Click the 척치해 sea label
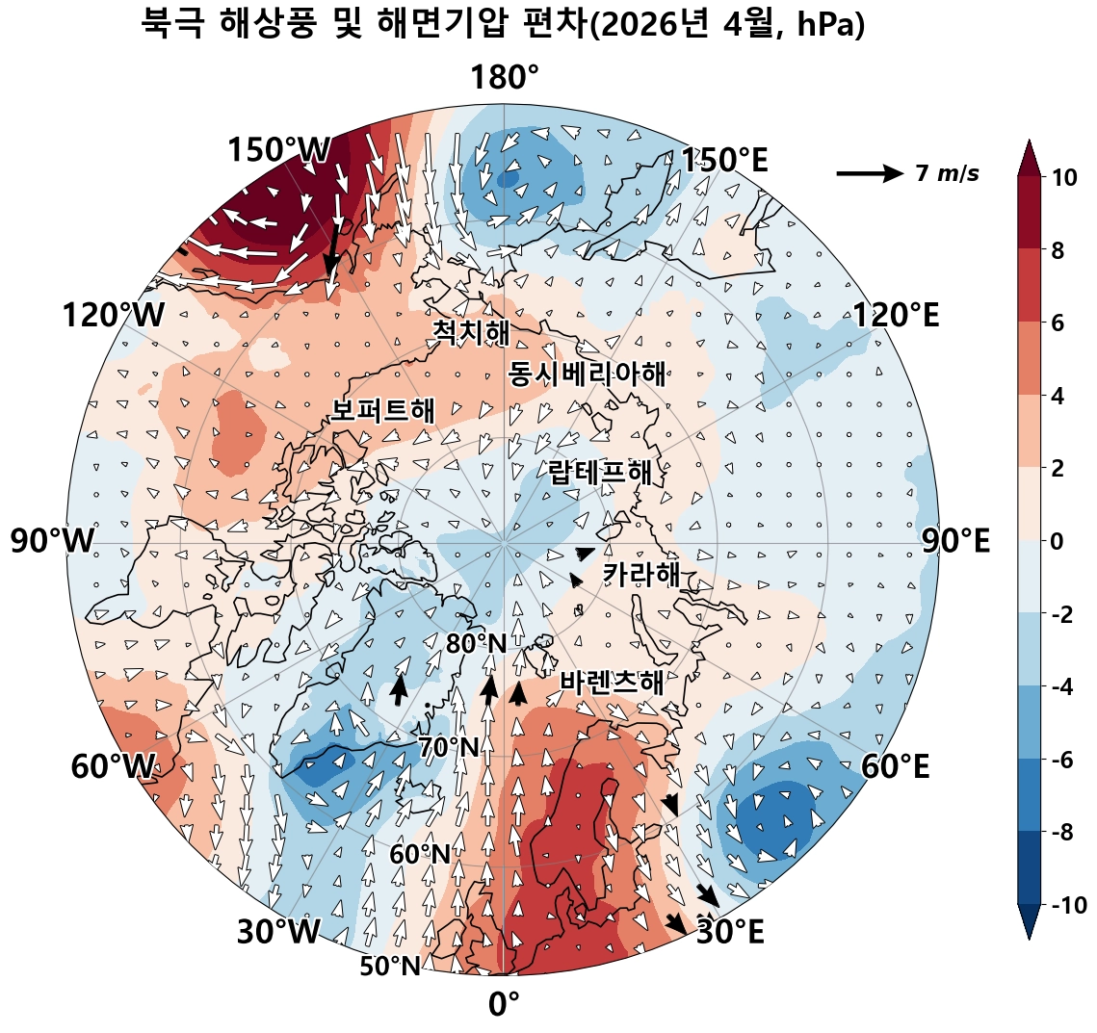471,332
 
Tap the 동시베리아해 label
587,374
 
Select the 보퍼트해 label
382,410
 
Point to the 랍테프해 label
600,472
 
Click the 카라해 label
641,574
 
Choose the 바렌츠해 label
612,682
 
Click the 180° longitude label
505,78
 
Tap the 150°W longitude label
278,149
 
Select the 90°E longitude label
955,541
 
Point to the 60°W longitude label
113,766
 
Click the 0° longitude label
504,1004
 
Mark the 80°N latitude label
476,644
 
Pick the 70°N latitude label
449,748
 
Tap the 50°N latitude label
390,966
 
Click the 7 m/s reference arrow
871,172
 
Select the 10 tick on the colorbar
1063,178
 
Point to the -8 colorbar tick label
1062,833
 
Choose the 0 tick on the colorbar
1058,541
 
